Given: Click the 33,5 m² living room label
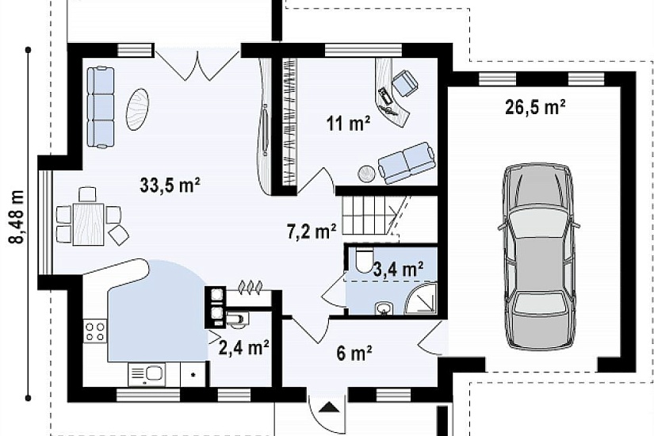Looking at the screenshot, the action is [170, 185].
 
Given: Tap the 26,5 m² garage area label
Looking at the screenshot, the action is [535, 107].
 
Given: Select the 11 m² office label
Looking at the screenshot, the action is [349, 123].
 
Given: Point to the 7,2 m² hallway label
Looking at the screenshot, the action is [312, 232].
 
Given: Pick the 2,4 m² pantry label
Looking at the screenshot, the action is [243, 347].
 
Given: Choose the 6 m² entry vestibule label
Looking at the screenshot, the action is [354, 354].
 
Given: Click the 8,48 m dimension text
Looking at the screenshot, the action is [17, 216].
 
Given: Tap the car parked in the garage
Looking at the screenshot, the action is [537, 256].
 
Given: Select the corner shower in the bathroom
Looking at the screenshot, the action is [421, 299].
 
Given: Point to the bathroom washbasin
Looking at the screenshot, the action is [383, 309].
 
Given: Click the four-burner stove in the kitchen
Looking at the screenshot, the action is [95, 331].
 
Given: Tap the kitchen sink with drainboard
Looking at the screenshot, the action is [147, 374].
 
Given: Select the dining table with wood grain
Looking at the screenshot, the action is [89, 224].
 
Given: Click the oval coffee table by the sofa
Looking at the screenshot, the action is [138, 109].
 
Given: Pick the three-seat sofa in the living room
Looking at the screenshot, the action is [101, 107].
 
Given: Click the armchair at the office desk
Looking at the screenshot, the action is [405, 83].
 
